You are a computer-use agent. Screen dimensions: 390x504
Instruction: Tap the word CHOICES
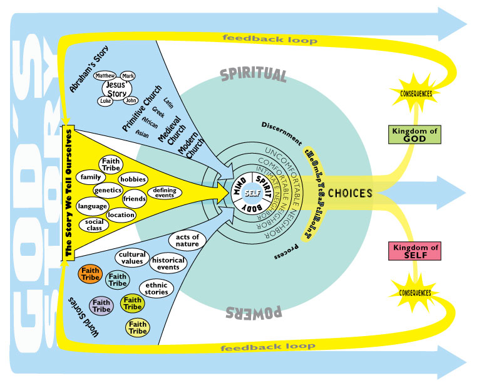click(351, 194)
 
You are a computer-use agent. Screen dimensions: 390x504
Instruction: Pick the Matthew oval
click(104, 76)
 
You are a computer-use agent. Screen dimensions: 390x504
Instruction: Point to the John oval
click(130, 100)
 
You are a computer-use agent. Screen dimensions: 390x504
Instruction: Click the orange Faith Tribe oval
click(91, 274)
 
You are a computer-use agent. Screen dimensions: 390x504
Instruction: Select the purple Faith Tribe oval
click(101, 306)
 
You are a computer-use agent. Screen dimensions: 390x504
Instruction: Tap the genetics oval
click(107, 191)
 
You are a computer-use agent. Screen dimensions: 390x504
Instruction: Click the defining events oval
click(164, 193)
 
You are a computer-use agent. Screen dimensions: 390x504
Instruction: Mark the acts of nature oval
click(187, 240)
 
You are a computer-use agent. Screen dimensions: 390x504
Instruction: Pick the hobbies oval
click(132, 180)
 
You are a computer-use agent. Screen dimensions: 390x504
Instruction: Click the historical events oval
click(166, 263)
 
